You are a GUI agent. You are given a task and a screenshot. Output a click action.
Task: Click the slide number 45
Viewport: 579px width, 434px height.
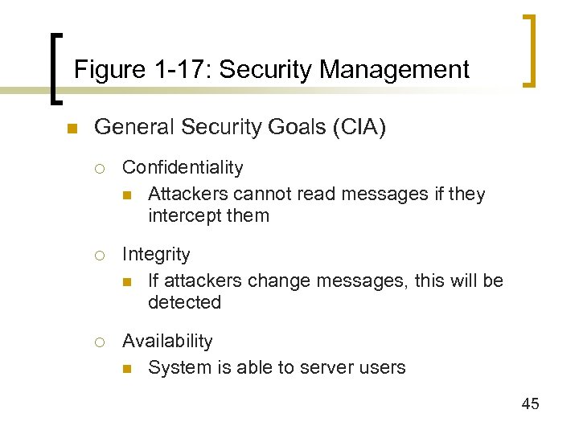click(530, 404)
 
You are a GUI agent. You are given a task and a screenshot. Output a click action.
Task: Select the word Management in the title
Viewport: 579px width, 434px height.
click(394, 70)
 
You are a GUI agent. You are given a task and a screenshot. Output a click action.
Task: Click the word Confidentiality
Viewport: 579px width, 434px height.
click(183, 167)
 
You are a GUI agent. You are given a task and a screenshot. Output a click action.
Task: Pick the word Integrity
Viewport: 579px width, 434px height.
click(156, 254)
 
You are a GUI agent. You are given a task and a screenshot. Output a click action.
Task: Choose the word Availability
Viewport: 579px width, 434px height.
click(167, 341)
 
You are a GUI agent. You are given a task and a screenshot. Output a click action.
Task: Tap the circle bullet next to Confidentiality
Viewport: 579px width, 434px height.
click(101, 168)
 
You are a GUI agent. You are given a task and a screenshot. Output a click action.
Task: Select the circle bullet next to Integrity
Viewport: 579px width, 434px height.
click(101, 255)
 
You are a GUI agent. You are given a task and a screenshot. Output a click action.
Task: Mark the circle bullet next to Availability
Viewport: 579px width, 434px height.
click(101, 342)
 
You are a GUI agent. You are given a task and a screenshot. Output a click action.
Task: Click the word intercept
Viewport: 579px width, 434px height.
click(181, 216)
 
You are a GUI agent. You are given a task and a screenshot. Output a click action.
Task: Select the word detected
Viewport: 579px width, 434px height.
click(184, 303)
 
